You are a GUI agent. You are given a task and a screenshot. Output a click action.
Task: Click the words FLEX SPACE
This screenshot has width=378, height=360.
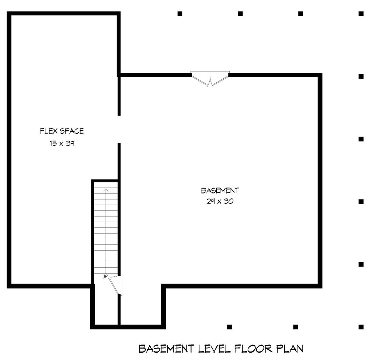(x=62, y=131)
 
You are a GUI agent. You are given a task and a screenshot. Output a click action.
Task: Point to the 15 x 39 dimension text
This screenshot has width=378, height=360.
(x=62, y=144)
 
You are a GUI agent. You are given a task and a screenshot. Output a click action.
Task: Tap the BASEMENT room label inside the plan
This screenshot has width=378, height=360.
(x=220, y=191)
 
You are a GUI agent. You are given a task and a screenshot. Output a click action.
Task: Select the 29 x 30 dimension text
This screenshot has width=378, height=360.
(x=220, y=202)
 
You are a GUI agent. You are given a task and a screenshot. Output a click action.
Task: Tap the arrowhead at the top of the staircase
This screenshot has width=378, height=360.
(x=106, y=191)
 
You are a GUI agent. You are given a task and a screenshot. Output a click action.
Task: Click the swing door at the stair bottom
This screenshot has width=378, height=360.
(x=116, y=285)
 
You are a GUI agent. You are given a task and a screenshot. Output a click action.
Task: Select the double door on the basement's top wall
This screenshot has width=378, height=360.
(x=210, y=79)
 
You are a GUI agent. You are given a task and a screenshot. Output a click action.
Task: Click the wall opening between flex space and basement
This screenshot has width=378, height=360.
(x=119, y=129)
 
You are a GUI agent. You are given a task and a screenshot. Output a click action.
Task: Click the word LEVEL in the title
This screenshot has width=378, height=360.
(x=214, y=349)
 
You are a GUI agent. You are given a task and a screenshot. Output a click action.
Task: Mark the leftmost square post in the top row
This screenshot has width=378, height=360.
(x=180, y=14)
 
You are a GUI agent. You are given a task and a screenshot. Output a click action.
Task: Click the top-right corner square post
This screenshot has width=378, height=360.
(x=361, y=14)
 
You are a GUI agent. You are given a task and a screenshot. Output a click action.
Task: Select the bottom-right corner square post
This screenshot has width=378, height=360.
(x=361, y=327)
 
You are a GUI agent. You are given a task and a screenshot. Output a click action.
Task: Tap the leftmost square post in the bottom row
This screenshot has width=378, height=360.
(x=229, y=327)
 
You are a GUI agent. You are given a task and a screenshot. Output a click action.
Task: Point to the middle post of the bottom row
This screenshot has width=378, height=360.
(x=295, y=327)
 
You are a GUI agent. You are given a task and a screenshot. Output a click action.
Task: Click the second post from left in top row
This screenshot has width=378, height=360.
(x=240, y=14)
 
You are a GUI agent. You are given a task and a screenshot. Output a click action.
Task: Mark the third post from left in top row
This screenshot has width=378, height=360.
(x=300, y=14)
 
